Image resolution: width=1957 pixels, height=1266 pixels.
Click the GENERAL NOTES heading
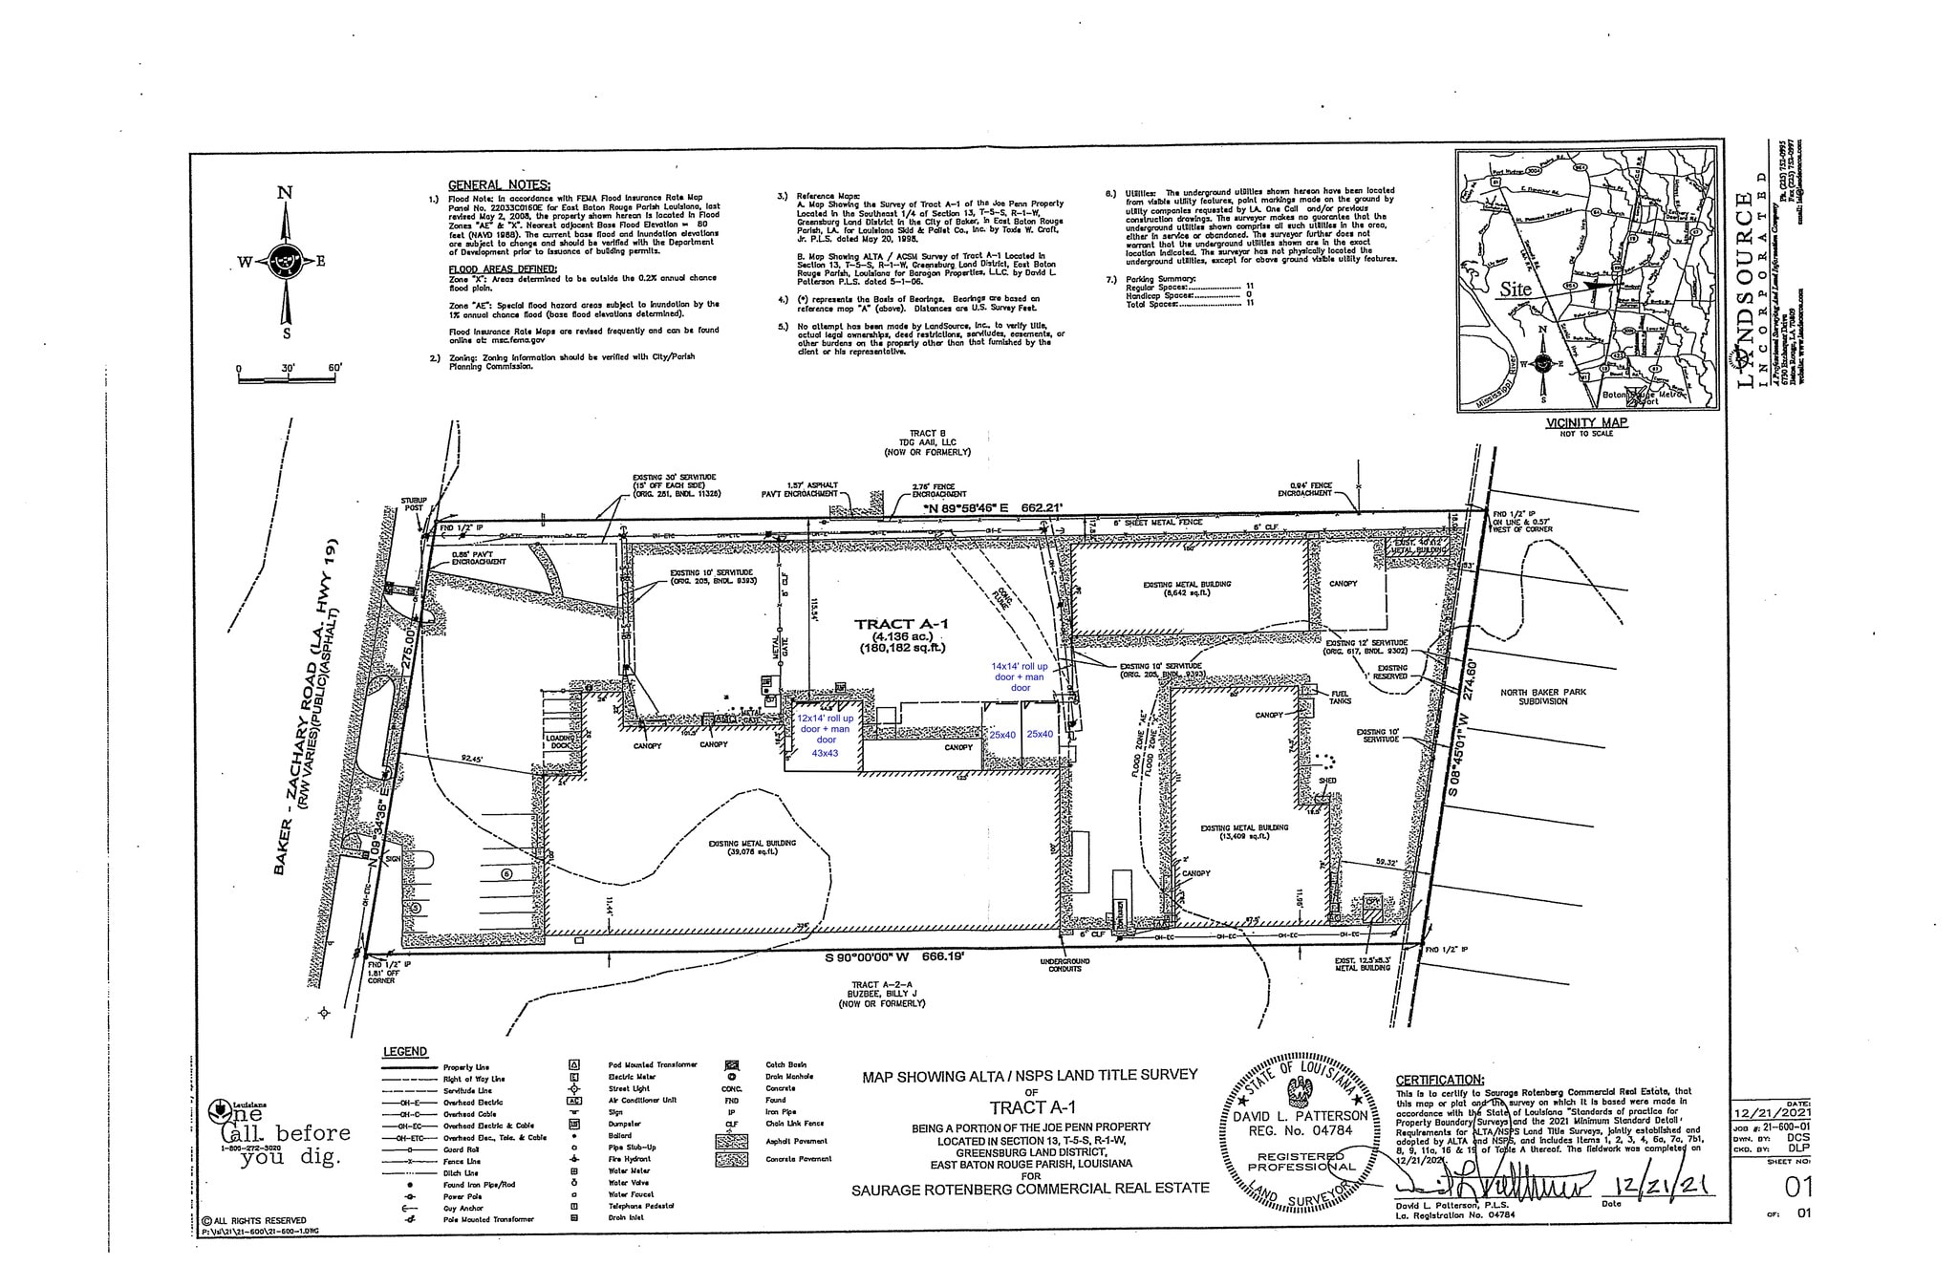499,184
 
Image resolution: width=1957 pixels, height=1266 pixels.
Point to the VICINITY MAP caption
1586,421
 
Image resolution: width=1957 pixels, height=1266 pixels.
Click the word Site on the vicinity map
1516,289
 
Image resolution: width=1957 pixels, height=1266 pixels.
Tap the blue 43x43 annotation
825,753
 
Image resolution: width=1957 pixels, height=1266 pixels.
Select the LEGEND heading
405,1051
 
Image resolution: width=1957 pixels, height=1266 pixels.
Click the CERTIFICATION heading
1440,1080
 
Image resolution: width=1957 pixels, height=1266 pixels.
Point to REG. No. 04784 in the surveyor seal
1297,1130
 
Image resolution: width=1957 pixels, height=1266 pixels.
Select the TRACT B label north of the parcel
928,434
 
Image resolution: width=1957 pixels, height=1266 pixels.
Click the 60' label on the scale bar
333,368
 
